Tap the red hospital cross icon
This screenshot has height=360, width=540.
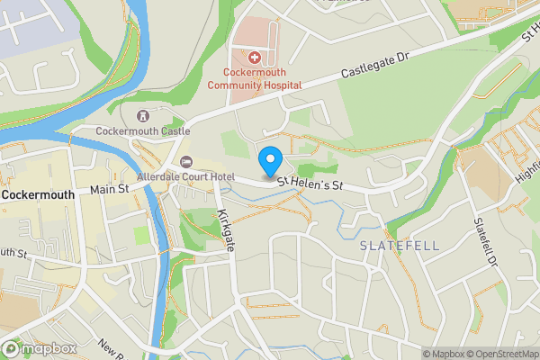pos(255,57)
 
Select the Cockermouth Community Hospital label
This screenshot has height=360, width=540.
pos(255,78)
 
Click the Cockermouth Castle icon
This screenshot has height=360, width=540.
pos(142,116)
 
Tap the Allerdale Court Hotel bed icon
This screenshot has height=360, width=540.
pos(186,161)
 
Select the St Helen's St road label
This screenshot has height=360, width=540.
pos(310,184)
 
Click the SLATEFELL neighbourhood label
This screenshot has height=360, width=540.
pos(387,245)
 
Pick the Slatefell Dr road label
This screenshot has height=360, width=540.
pos(486,244)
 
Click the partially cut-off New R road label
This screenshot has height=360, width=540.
pos(112,348)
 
